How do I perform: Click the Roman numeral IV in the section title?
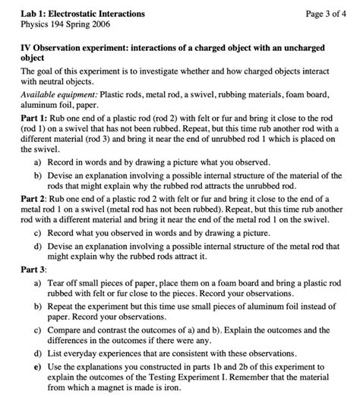pyautogui.click(x=27, y=47)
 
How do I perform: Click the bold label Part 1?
pyautogui.click(x=33, y=119)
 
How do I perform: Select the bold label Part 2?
pyautogui.click(x=33, y=197)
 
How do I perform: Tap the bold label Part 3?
pyautogui.click(x=33, y=269)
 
